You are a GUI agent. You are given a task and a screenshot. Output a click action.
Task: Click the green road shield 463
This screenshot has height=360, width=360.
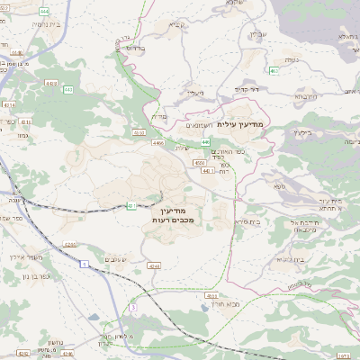(273, 69)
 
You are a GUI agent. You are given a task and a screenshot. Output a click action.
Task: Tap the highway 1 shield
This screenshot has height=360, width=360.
(84, 264)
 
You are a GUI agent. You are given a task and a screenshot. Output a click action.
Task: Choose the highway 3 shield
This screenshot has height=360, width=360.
(132, 307)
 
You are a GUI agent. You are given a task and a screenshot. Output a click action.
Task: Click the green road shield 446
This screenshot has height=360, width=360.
(206, 142)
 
